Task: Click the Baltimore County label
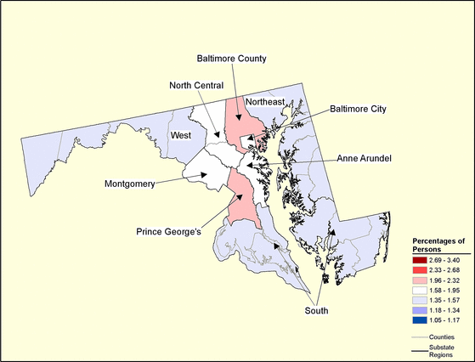(232, 59)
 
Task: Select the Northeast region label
(264, 102)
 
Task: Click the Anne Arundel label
(370, 158)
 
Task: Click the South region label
(316, 311)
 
